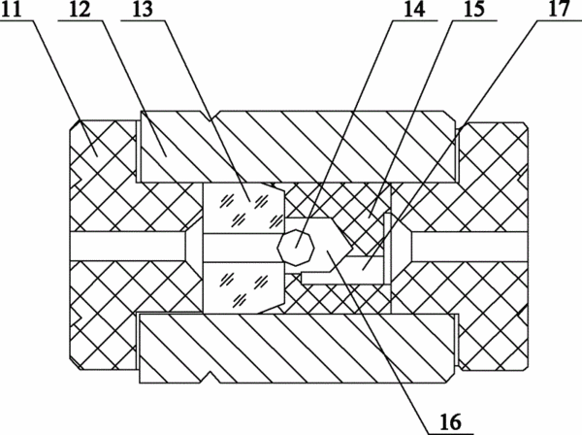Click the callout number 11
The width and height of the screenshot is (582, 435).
pos(13,9)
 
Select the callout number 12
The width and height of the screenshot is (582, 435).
pos(80,9)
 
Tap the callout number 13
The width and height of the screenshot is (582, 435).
pos(143,9)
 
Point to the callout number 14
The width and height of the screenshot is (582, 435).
pos(414,9)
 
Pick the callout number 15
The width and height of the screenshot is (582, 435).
pos(474,9)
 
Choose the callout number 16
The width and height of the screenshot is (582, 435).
pos(451,422)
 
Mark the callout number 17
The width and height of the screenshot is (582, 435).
pos(559,9)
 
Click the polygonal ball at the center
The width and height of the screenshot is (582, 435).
pos(296,248)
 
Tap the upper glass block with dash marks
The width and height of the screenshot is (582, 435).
pos(243,209)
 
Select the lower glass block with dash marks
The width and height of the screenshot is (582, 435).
pos(243,287)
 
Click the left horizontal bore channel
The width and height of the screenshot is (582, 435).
pos(128,247)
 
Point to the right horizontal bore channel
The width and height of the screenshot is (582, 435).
pos(469,247)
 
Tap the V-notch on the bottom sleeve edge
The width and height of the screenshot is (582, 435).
pos(210,377)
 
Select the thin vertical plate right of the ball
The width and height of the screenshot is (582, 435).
pos(387,248)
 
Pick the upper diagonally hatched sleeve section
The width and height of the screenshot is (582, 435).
pos(298,147)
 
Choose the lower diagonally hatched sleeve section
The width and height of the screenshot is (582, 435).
pos(297,349)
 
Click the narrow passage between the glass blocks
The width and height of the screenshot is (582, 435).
pos(242,249)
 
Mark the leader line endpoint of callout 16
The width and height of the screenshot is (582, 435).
pos(327,252)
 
